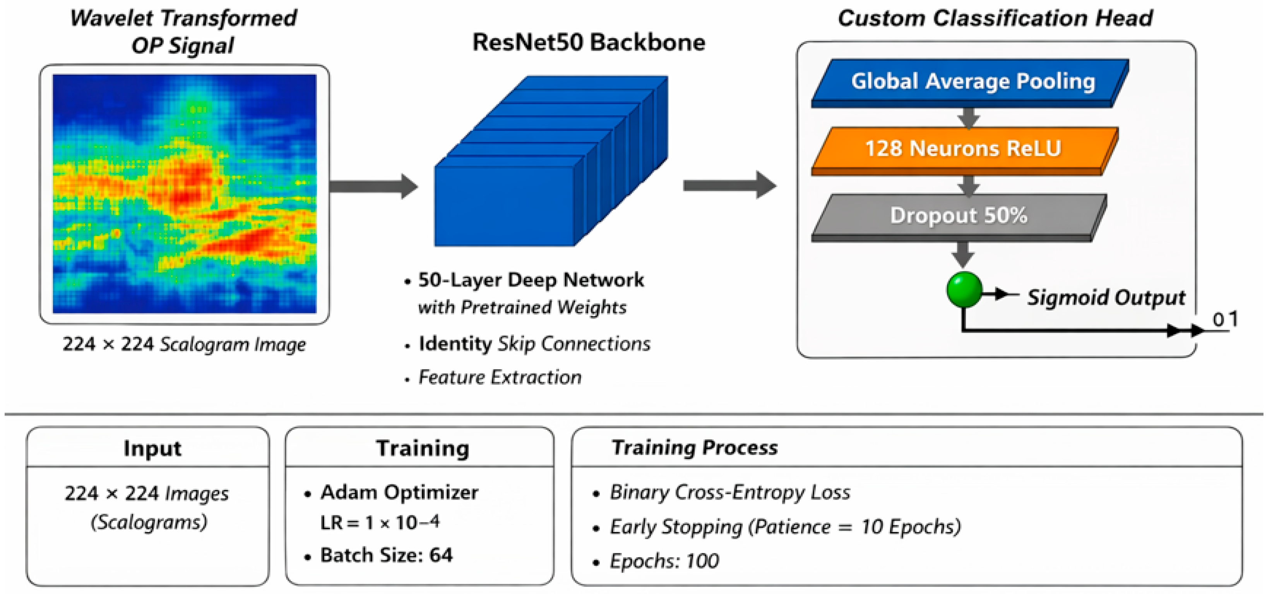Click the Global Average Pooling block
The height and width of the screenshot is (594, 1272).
pos(970,83)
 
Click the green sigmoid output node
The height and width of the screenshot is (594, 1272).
pos(964,290)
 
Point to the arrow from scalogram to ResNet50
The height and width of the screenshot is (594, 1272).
pos(374,186)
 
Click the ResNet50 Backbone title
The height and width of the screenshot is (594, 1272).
pos(589,43)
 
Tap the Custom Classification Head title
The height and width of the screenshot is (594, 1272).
pos(995,19)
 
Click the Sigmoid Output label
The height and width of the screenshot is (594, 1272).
pos(1106,297)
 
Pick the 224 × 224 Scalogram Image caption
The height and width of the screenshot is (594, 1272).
pos(184,344)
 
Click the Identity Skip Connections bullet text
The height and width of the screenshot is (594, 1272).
pos(534,344)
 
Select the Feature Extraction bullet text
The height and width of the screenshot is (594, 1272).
pos(500,377)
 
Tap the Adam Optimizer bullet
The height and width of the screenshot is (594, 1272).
pos(399,492)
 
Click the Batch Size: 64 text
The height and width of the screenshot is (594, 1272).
pos(386,555)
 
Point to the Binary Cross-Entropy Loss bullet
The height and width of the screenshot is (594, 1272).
pos(730,492)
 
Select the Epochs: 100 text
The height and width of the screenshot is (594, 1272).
pos(664,561)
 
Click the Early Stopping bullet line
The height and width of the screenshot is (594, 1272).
pos(785,527)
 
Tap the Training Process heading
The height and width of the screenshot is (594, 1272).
pos(694,447)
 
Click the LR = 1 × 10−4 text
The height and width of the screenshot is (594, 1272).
pos(379,522)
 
